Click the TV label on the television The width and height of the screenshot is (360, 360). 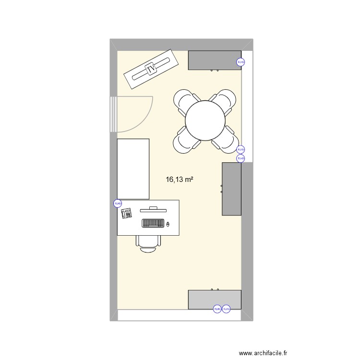coord(152,70)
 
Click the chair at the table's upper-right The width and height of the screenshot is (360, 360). coord(224,101)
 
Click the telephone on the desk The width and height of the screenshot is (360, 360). coord(127,213)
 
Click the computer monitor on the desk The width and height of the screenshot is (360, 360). coord(153,209)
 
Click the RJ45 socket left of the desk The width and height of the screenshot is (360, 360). coord(117,203)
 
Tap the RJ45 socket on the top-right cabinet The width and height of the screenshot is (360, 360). coord(240,62)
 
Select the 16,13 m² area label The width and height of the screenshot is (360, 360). coord(179,180)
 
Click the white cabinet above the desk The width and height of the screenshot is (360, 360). coord(133,169)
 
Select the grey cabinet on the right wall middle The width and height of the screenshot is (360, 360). coord(231,189)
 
